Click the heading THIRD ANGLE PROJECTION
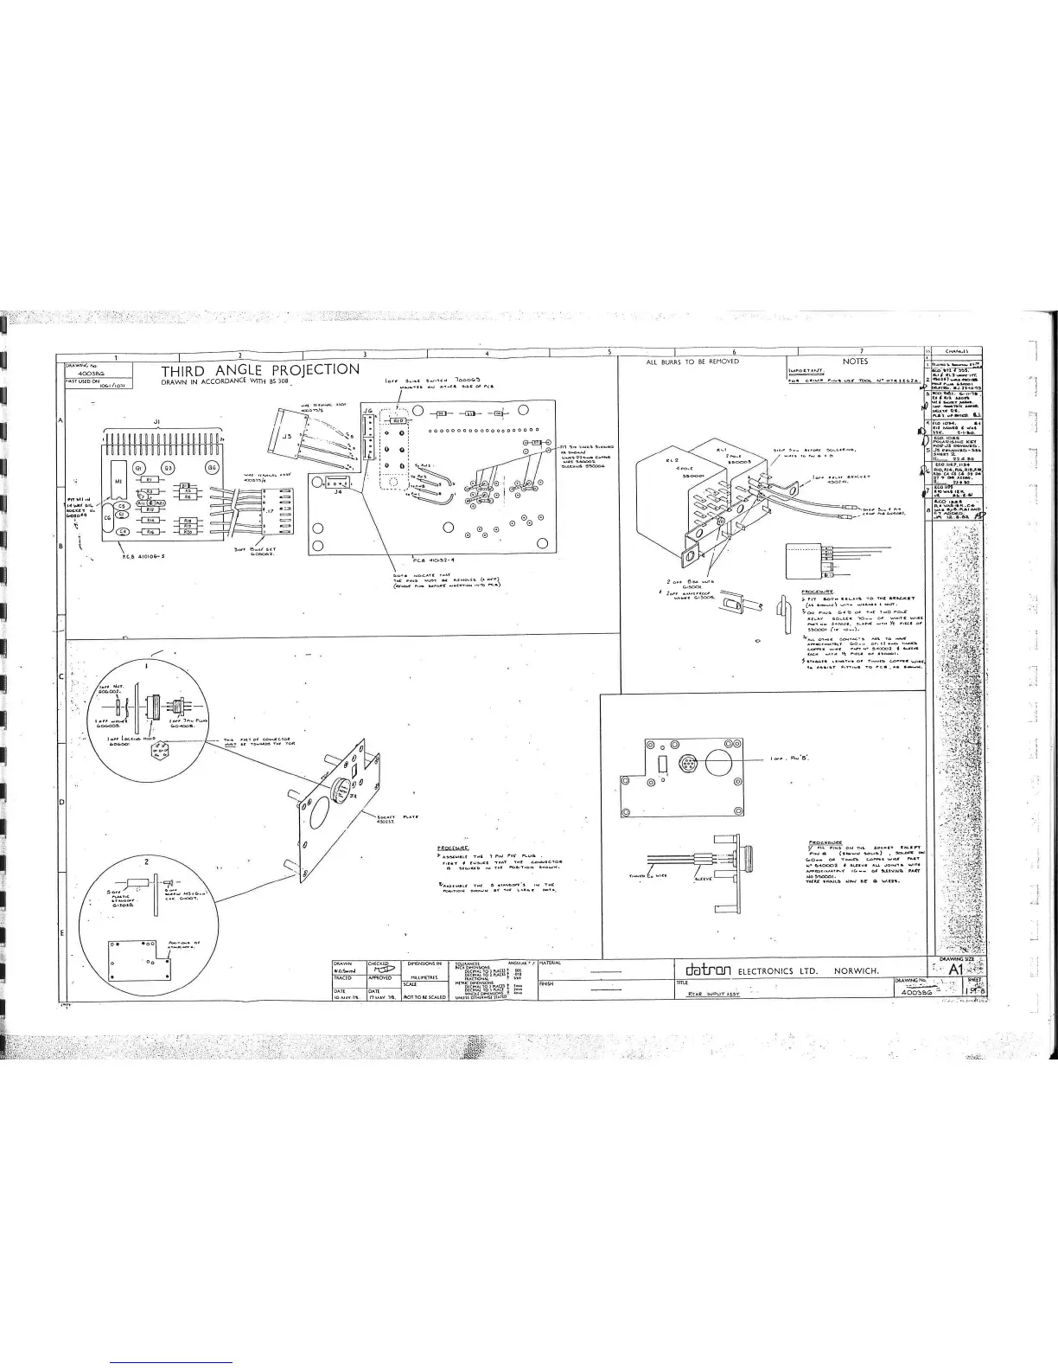pos(259,370)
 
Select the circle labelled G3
pos(169,468)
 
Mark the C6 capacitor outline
pos(108,518)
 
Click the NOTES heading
pos(855,362)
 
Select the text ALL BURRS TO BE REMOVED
pos(692,362)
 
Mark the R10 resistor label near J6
pos(399,419)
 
